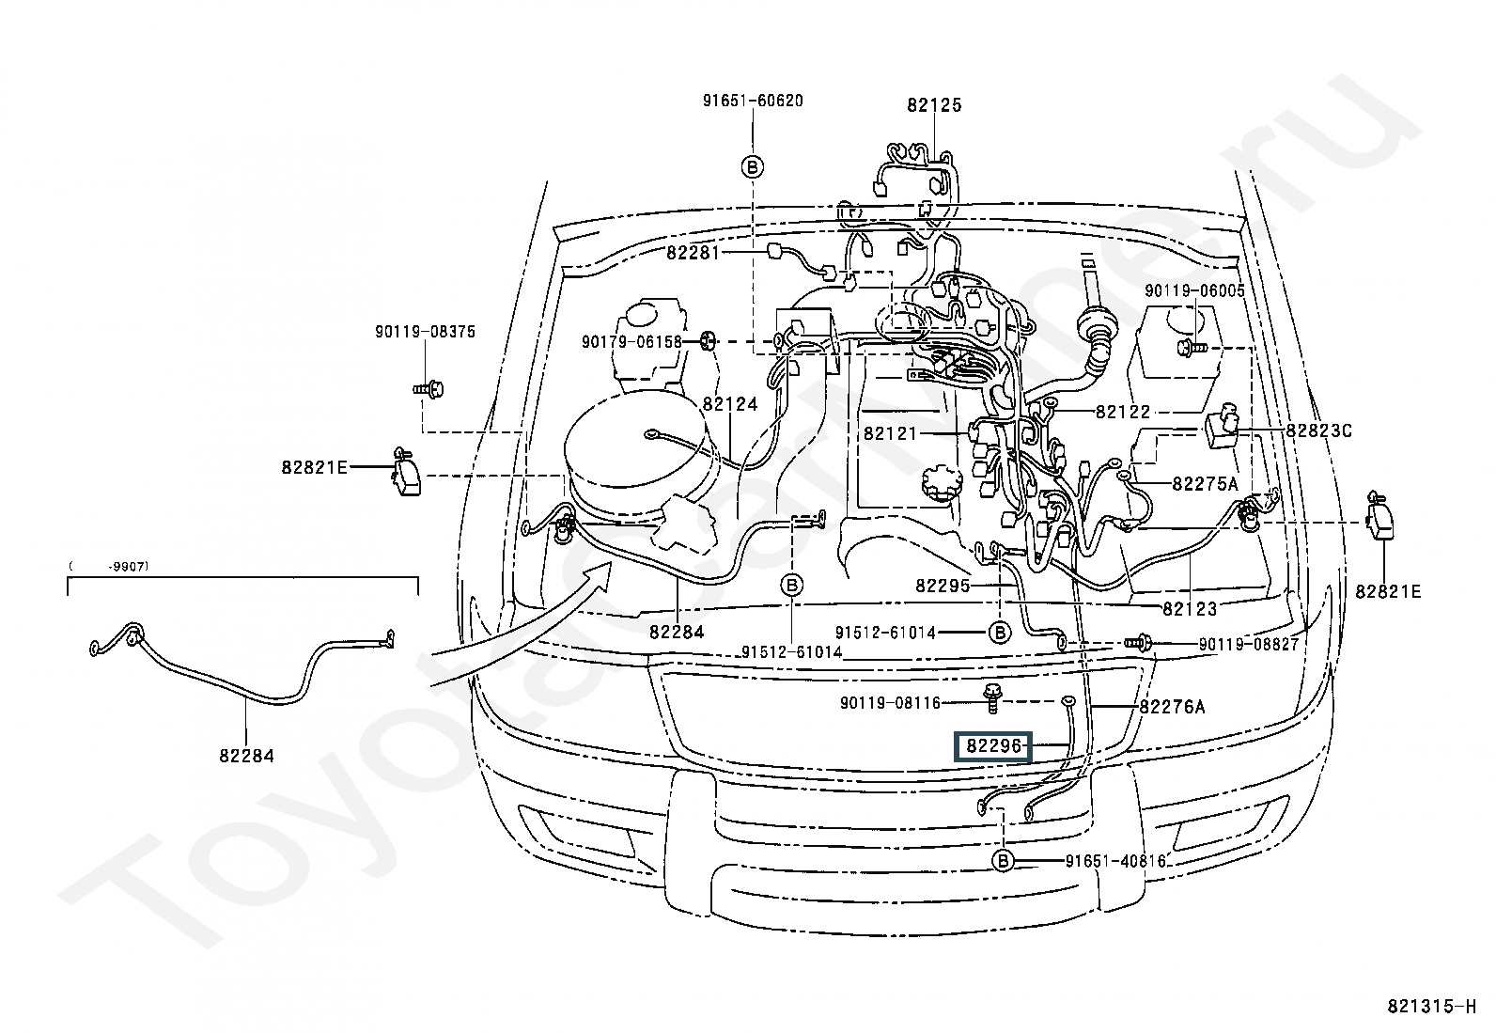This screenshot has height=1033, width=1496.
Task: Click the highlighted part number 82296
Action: point(994,746)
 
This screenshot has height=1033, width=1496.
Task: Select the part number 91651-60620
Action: point(753,101)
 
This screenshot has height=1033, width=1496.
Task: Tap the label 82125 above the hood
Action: point(934,105)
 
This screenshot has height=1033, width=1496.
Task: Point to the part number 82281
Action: point(693,253)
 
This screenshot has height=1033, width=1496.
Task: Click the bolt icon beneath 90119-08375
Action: point(429,388)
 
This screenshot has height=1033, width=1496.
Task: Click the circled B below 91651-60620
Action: point(753,166)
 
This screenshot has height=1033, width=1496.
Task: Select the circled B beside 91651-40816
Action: point(1003,861)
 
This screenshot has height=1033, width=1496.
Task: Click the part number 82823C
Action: point(1319,431)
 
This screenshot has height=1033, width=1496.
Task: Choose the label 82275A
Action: point(1206,484)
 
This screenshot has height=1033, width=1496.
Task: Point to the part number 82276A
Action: point(1172,707)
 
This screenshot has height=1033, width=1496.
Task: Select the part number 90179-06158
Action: point(631,342)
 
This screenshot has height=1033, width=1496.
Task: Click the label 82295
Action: point(943,586)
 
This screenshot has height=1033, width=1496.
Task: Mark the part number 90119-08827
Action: point(1249,644)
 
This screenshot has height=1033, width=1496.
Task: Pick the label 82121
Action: point(890,434)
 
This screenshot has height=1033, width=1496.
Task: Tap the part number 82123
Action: point(1190,609)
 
